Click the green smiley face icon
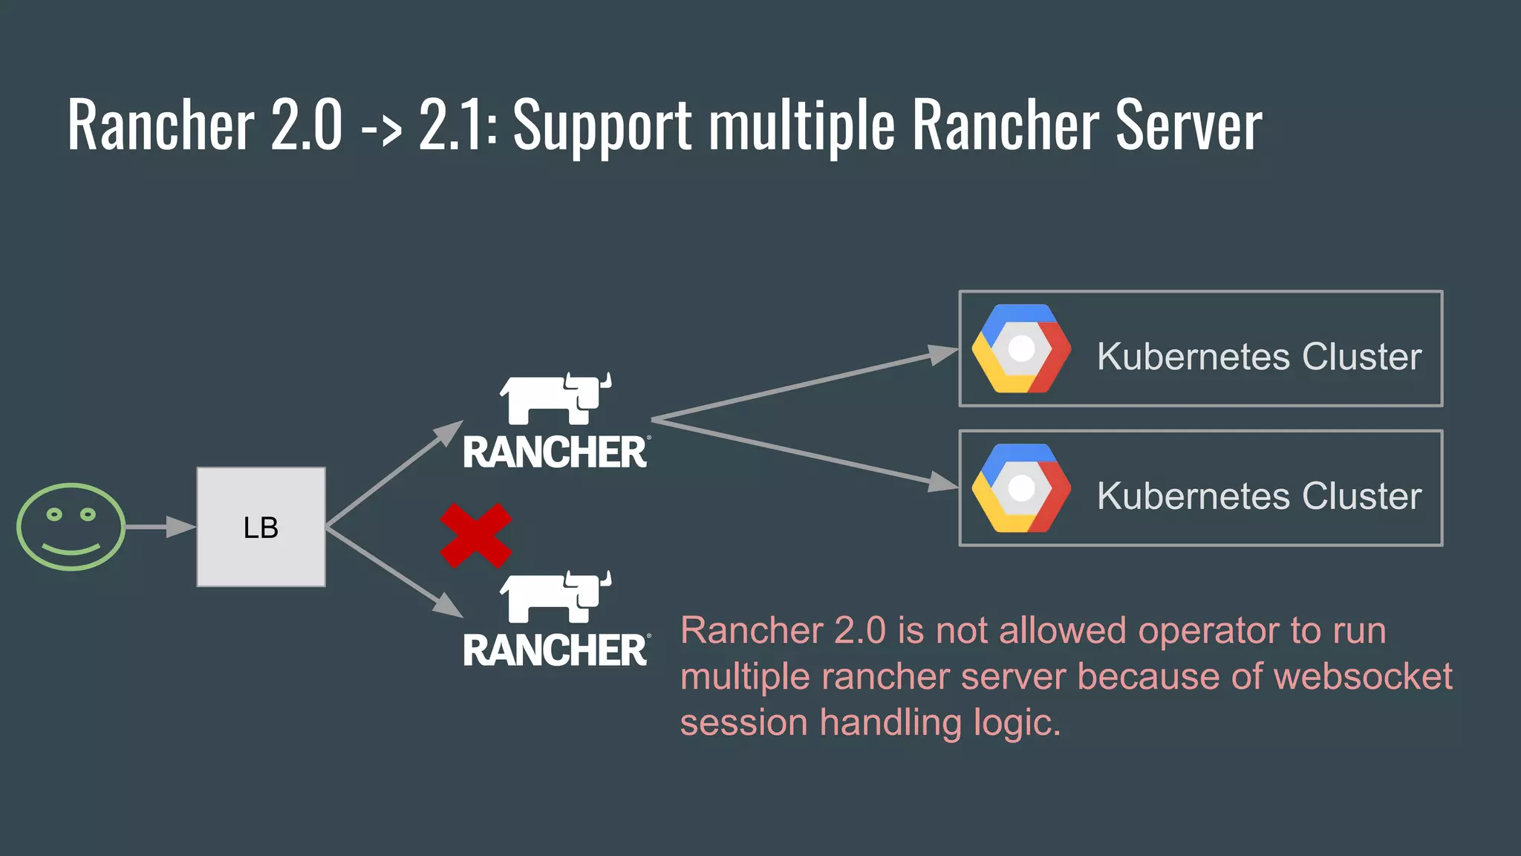pyautogui.click(x=71, y=527)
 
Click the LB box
pyautogui.click(x=261, y=527)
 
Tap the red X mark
pyautogui.click(x=475, y=535)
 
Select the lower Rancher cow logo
pyautogui.click(x=556, y=596)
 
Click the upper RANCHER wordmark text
pyautogui.click(x=556, y=452)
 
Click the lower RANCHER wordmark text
pyautogui.click(x=556, y=650)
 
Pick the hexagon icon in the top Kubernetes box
pyautogui.click(x=1021, y=348)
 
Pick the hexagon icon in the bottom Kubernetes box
pyautogui.click(x=1021, y=488)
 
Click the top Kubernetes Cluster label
pyautogui.click(x=1259, y=357)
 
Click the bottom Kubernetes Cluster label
pyautogui.click(x=1259, y=496)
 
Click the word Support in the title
pyautogui.click(x=602, y=125)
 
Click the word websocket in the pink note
pyautogui.click(x=1363, y=677)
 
